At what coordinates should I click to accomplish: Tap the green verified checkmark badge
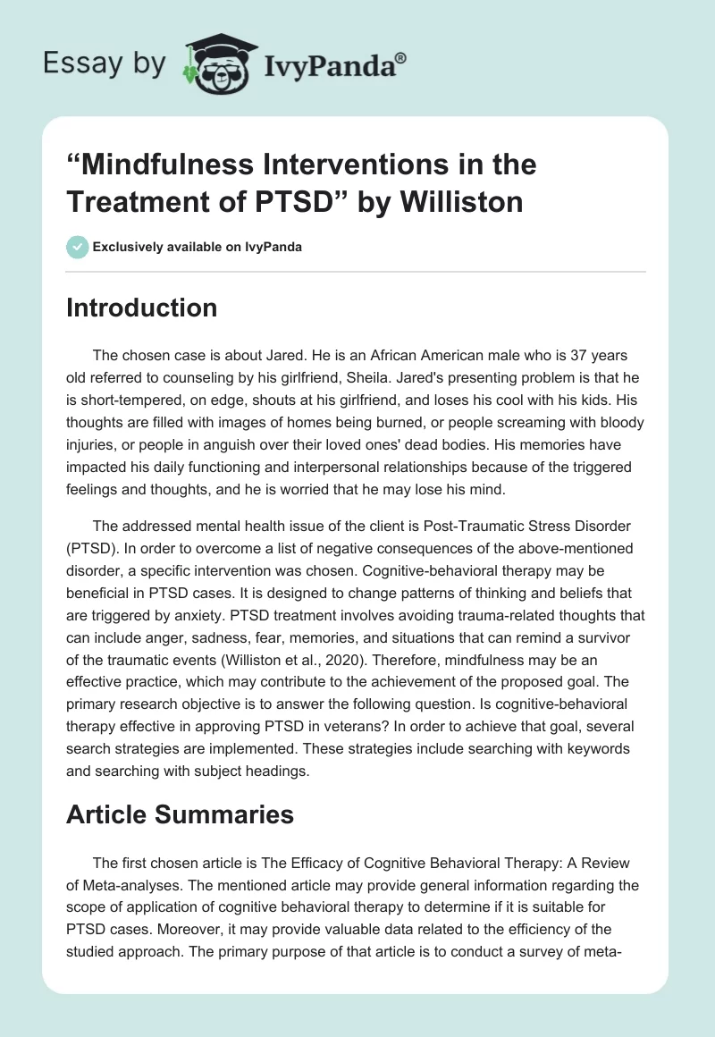pos(77,247)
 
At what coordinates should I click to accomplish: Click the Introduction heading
pos(142,308)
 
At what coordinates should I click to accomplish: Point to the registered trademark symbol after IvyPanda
pos(400,57)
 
